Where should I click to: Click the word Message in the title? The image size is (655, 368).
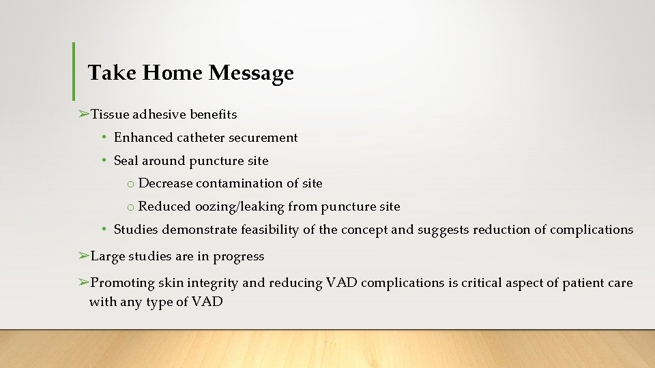click(251, 72)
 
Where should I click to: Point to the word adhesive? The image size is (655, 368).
click(158, 114)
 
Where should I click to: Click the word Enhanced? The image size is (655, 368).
click(143, 138)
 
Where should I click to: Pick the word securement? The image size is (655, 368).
click(263, 138)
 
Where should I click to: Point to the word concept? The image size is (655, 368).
click(364, 230)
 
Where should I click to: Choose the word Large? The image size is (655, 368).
click(106, 257)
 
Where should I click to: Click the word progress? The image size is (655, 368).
click(239, 257)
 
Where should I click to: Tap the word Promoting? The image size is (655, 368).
click(121, 283)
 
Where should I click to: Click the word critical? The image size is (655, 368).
click(482, 283)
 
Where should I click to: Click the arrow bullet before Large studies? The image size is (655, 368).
click(83, 256)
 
